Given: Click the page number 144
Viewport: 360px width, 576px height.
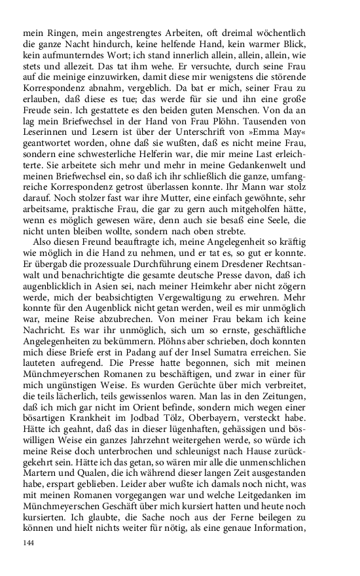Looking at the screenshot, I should click(28, 543).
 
